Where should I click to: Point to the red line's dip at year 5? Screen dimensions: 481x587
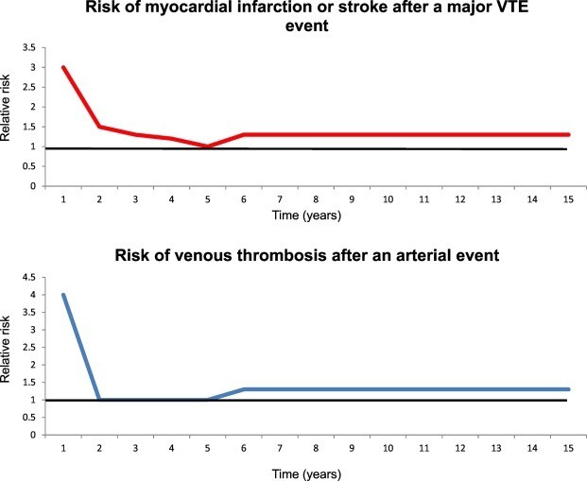[x=208, y=146]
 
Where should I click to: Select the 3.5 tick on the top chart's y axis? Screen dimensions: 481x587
[x=37, y=48]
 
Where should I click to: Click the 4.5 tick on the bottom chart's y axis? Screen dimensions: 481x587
[x=37, y=277]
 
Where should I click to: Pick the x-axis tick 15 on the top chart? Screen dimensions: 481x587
[x=567, y=199]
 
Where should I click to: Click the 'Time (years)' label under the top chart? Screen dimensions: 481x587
[x=313, y=215]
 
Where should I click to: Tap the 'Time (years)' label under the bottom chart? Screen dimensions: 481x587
[x=313, y=472]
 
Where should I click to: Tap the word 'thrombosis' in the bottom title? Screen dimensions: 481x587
[x=284, y=252]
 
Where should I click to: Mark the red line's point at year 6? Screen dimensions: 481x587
[x=245, y=134]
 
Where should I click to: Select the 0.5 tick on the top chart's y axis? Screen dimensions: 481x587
[x=37, y=167]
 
